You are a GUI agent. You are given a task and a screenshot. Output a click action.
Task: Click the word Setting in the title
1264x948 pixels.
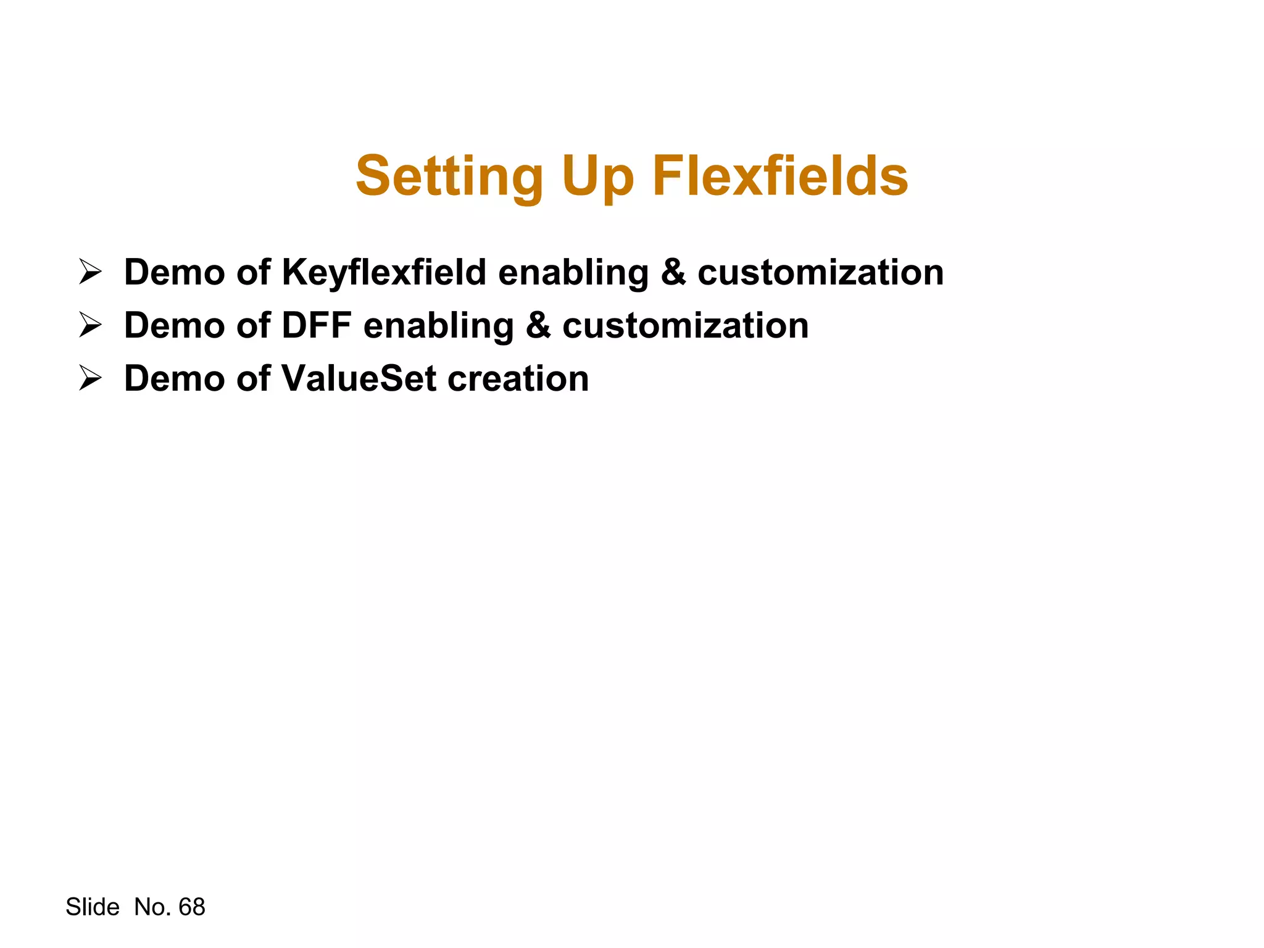(x=449, y=177)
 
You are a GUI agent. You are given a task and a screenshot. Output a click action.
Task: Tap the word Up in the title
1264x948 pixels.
(x=597, y=177)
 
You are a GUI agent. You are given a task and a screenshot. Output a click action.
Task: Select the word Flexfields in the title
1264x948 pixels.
(x=780, y=177)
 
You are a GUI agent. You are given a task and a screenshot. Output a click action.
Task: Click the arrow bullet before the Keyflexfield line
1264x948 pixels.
(x=90, y=272)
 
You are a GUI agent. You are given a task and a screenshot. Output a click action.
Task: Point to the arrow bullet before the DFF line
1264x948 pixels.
(x=90, y=325)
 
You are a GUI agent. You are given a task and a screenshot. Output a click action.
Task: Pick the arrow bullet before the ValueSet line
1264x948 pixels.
(x=90, y=378)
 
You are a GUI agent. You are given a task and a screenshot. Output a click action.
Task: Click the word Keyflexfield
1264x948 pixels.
(x=384, y=272)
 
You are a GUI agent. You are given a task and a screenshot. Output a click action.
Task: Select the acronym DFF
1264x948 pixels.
(x=316, y=325)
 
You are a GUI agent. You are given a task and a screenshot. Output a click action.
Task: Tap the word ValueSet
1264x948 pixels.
(x=359, y=378)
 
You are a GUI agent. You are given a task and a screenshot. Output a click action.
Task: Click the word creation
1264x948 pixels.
(x=518, y=378)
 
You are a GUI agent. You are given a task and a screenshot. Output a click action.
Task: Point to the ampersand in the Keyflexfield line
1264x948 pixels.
(x=673, y=272)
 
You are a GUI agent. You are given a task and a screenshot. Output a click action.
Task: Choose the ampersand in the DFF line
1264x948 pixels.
(x=538, y=325)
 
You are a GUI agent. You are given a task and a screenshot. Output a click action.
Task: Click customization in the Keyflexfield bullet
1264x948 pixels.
(x=820, y=272)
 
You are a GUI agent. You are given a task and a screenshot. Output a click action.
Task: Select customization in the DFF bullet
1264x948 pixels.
(x=685, y=325)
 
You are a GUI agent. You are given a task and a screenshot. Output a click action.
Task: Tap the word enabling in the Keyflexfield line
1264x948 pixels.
(x=573, y=272)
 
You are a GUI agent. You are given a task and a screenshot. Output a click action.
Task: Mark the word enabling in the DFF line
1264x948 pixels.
(x=438, y=325)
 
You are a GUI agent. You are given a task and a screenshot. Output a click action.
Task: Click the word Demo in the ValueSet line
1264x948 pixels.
(x=174, y=378)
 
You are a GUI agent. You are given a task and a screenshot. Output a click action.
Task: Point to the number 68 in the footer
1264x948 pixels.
(x=191, y=907)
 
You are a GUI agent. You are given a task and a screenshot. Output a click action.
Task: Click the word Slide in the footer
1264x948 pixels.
(x=93, y=907)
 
